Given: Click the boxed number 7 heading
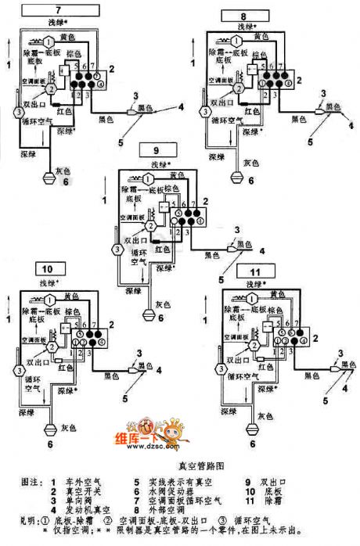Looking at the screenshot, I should [x=56, y=11].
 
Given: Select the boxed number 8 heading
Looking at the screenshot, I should [x=243, y=15].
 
